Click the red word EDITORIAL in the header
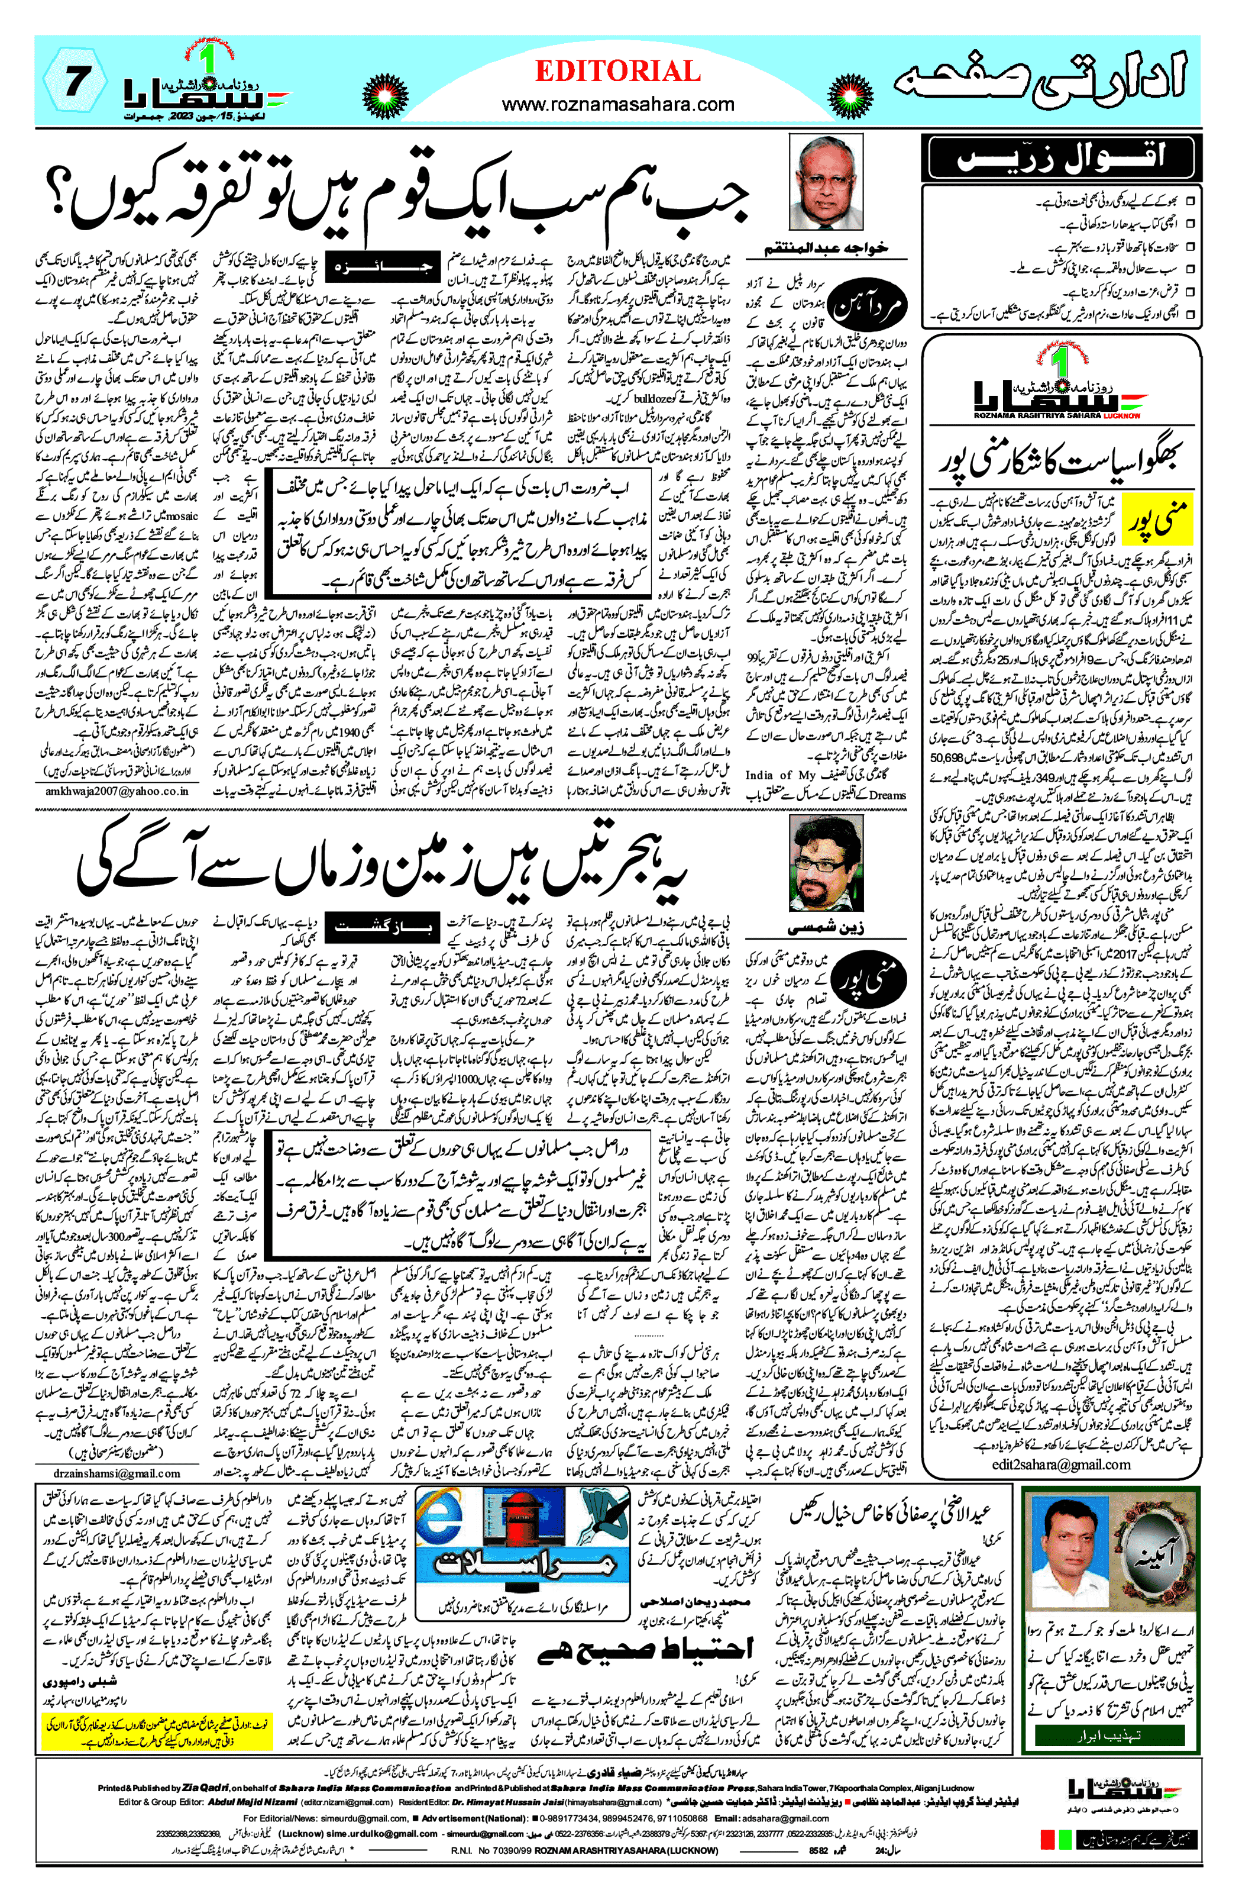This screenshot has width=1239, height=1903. coord(618,72)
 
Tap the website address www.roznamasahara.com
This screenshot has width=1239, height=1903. coord(618,104)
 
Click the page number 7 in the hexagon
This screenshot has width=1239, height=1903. coord(75,82)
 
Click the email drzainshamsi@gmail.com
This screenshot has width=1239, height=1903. coord(118,1473)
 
